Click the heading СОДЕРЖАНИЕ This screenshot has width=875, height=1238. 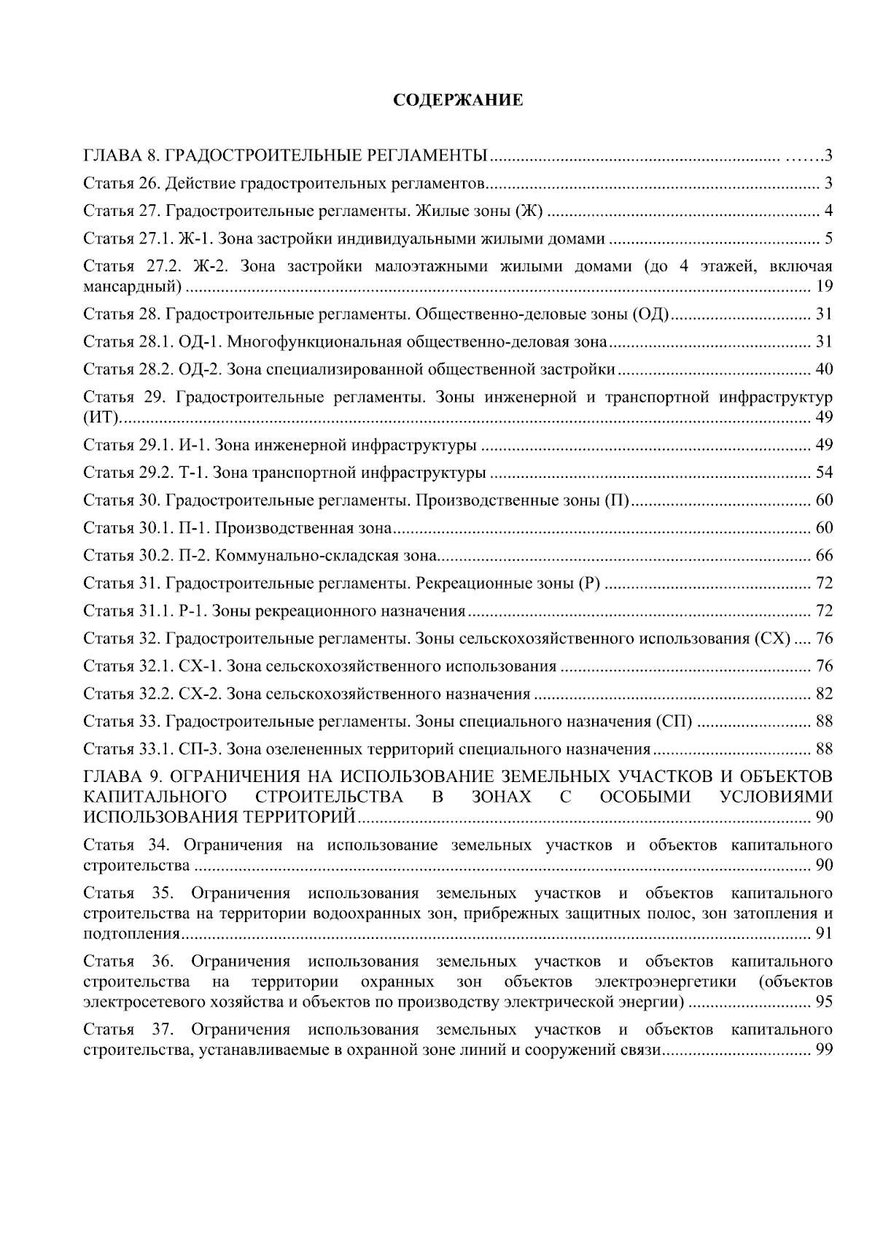click(x=458, y=100)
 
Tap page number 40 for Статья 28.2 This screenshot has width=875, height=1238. click(x=824, y=370)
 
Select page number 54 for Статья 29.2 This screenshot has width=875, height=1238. click(x=824, y=473)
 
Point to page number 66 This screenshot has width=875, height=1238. click(x=824, y=557)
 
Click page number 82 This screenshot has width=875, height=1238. click(x=824, y=694)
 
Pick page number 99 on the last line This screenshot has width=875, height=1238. click(x=824, y=1050)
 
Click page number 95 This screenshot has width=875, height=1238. click(x=824, y=1002)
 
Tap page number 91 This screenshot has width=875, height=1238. click(x=824, y=935)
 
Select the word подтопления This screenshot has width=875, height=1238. click(x=132, y=935)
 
